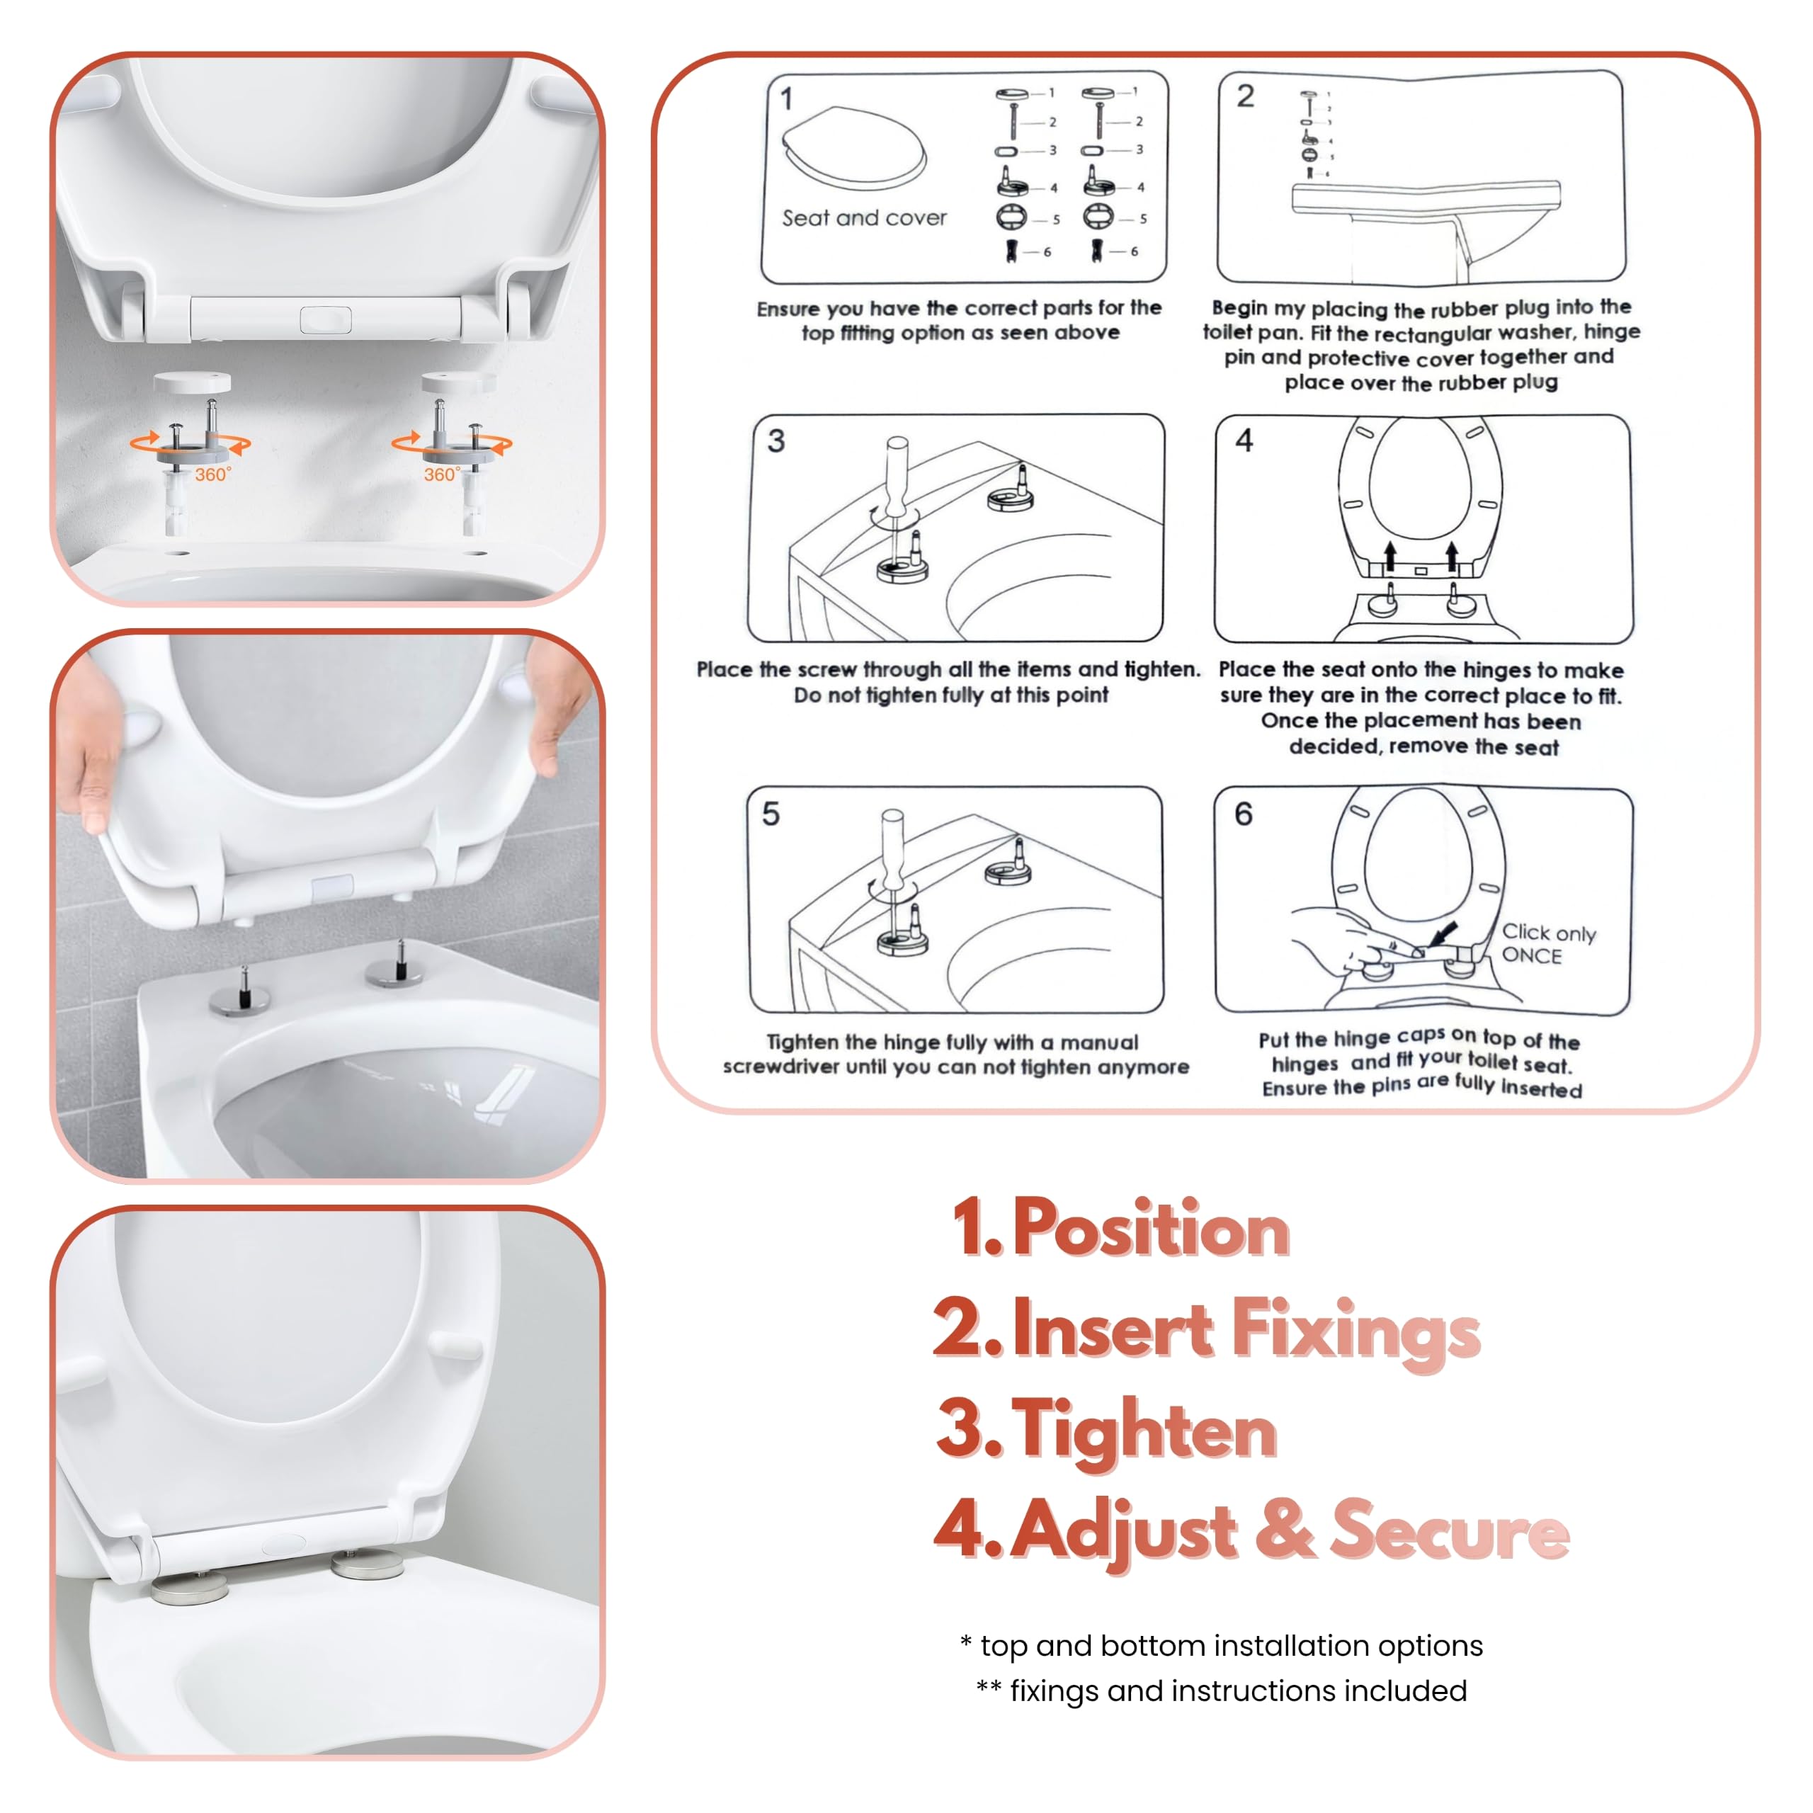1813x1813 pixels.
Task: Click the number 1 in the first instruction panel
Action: point(786,99)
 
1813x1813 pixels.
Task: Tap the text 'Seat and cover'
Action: point(864,217)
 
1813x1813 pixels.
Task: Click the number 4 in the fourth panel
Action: point(1244,440)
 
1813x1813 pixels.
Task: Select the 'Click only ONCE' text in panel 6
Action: point(1548,944)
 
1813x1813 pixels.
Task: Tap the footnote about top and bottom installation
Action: point(1231,1645)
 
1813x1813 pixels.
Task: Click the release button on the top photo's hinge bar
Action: point(326,320)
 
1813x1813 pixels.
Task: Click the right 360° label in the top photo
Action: point(442,474)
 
